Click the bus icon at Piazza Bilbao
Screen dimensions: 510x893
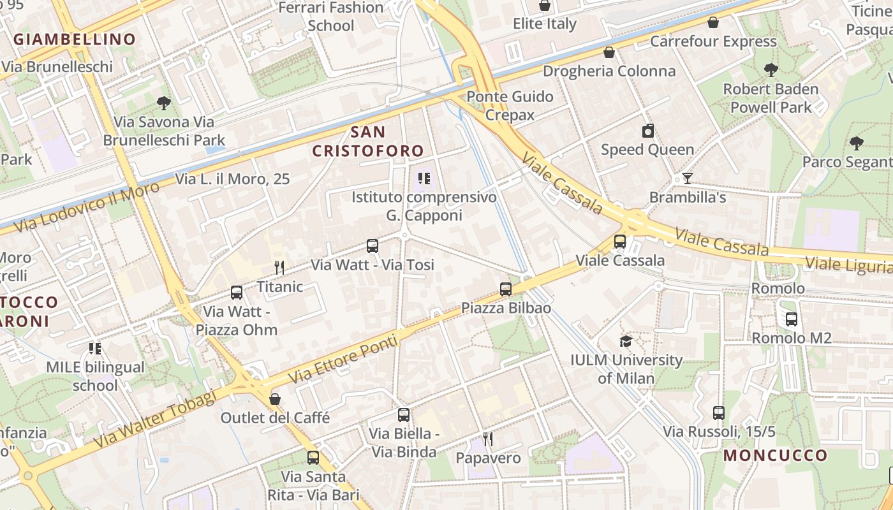click(506, 289)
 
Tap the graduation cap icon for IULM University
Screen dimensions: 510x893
click(626, 341)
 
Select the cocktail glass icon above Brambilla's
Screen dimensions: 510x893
click(688, 178)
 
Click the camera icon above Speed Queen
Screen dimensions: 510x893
click(648, 131)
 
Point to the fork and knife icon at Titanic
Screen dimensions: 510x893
click(279, 267)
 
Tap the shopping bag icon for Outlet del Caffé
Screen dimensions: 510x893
click(275, 399)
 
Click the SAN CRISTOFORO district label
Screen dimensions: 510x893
click(368, 142)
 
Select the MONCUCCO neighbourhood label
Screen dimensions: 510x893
click(776, 455)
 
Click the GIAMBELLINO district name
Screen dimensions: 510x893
click(75, 39)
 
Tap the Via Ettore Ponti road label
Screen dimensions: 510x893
click(343, 359)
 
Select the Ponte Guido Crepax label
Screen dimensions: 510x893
click(510, 105)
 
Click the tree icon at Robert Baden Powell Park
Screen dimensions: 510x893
click(771, 69)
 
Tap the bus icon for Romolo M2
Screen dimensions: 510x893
click(792, 319)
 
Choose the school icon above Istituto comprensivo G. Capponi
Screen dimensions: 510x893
click(424, 178)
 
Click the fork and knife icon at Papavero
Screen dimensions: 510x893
click(488, 439)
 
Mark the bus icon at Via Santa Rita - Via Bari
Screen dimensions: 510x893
click(313, 457)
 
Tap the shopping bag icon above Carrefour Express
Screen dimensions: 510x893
click(713, 22)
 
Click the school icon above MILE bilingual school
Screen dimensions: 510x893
click(95, 348)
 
